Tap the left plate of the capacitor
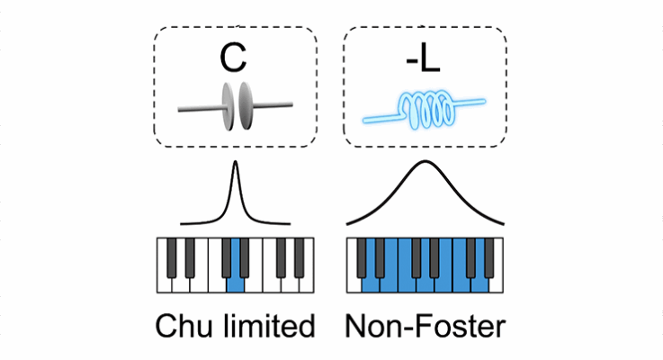pyautogui.click(x=226, y=106)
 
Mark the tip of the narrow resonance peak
pyautogui.click(x=236, y=164)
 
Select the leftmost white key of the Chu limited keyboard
pyautogui.click(x=165, y=279)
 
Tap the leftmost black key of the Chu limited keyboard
pyautogui.click(x=171, y=256)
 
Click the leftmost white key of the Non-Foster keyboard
pyautogui.click(x=354, y=279)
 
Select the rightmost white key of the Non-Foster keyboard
pyautogui.click(x=496, y=279)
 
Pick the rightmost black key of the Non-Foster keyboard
pyautogui.click(x=489, y=256)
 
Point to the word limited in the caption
pyautogui.click(x=270, y=325)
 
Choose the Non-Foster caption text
pyautogui.click(x=425, y=325)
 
